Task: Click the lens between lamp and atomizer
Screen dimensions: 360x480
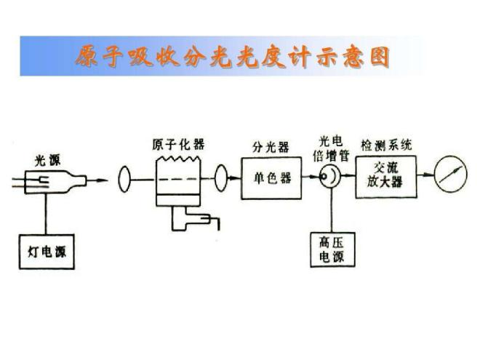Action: [x=124, y=178]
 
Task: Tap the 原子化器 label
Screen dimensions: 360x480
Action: [x=178, y=144]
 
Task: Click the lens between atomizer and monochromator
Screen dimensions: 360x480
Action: [x=221, y=177]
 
